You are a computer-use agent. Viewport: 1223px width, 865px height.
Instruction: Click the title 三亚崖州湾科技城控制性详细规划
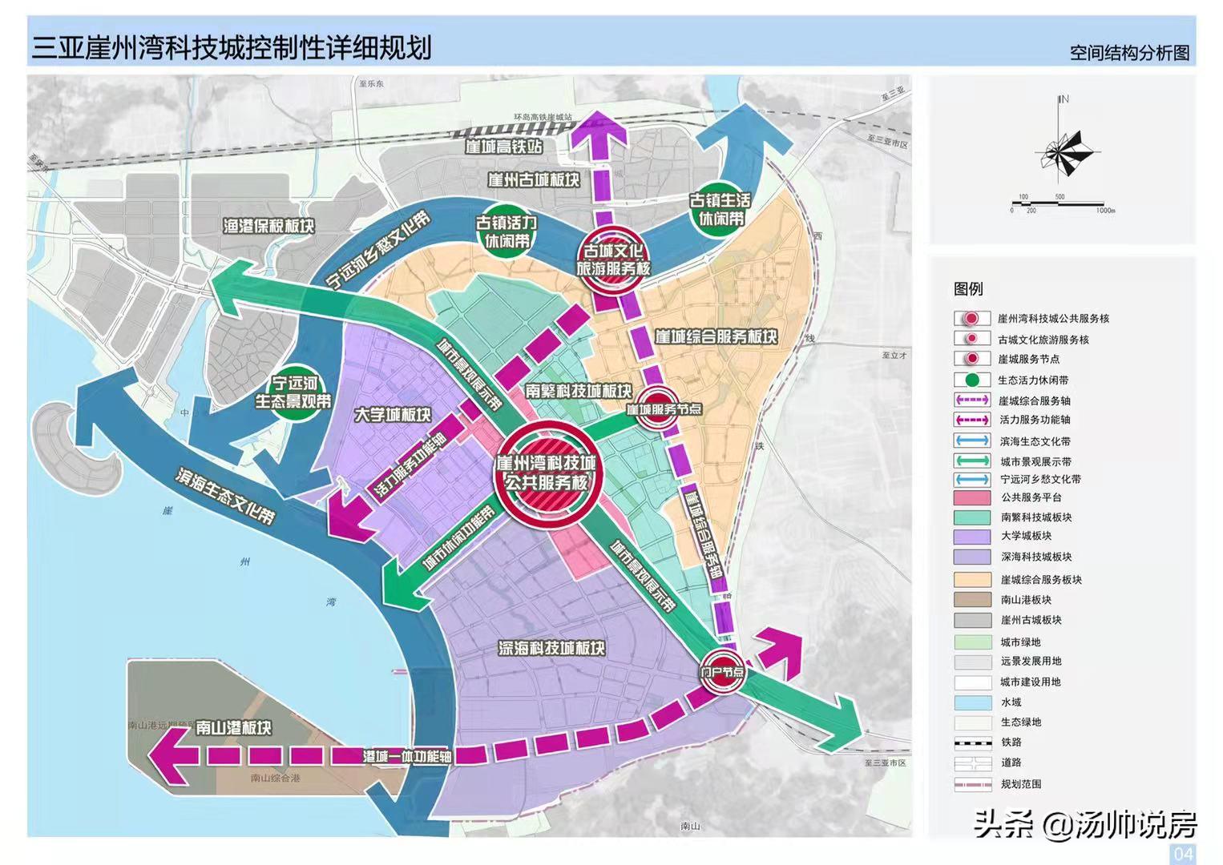tap(231, 47)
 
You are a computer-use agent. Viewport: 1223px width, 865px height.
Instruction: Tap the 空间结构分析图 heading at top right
tap(1129, 54)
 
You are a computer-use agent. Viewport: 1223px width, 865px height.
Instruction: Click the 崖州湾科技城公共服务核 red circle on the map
tap(546, 473)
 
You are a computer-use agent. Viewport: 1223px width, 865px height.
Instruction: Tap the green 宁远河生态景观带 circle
tap(293, 392)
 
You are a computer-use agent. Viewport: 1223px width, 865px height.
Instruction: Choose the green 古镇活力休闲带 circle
tap(507, 231)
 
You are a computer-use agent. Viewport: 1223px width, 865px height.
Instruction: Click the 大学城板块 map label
tap(393, 415)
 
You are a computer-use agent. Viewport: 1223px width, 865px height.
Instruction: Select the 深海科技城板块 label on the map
tap(551, 648)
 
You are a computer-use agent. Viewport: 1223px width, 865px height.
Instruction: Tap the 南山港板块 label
tap(234, 728)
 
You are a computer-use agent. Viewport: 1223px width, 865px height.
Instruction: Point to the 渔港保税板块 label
tap(268, 227)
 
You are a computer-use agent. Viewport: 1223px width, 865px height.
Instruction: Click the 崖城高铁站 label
tap(503, 147)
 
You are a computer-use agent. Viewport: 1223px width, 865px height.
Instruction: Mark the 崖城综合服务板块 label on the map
tap(716, 337)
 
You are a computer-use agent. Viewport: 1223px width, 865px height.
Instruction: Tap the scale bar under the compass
tap(1061, 206)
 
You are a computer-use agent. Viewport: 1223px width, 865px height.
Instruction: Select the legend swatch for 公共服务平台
tap(972, 497)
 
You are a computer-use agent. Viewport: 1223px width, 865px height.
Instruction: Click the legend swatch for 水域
tap(972, 702)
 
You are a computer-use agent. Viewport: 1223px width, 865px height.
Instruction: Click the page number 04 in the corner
tap(1183, 853)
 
